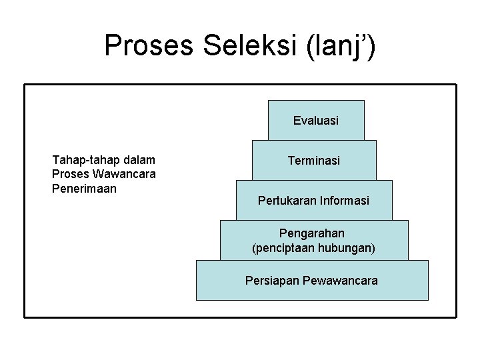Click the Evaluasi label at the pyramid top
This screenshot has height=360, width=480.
pos(316,121)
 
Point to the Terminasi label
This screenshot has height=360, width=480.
pos(314,161)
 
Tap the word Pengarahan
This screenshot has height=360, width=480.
pos(312,233)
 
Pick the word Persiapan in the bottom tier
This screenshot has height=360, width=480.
pos(272,281)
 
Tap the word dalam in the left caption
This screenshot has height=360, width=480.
pos(141,160)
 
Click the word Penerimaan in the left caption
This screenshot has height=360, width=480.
pos(84,189)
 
